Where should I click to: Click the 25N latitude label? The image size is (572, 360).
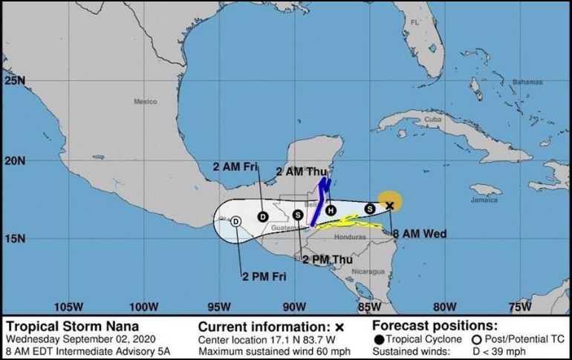pos(14,80)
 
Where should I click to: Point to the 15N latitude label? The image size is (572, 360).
pos(14,239)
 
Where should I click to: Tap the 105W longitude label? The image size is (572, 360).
pos(68,306)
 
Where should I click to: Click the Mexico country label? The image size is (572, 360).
pos(146,102)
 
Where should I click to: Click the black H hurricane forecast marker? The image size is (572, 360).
pos(331,210)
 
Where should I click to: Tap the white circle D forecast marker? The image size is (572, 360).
pos(235,220)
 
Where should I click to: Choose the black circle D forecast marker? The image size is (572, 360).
pos(262,216)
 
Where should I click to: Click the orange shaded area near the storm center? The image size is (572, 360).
pos(391,199)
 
